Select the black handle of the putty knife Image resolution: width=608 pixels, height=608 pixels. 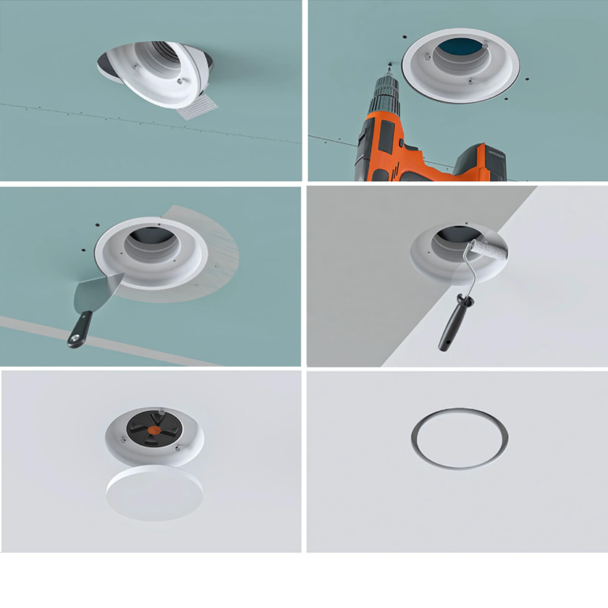click(x=80, y=329)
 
